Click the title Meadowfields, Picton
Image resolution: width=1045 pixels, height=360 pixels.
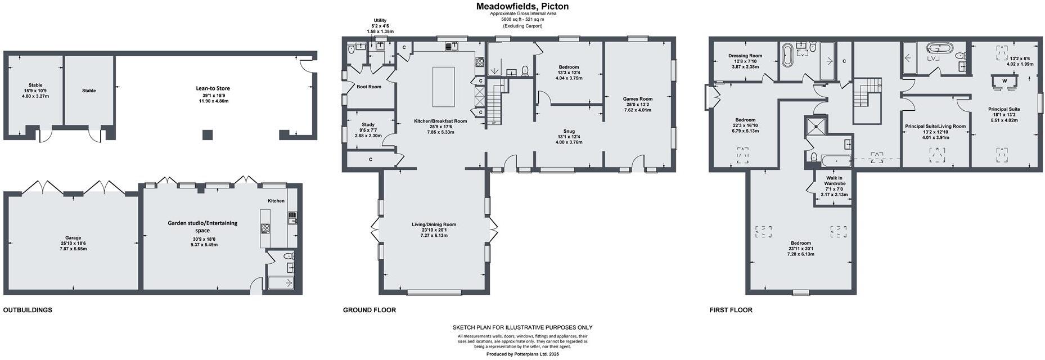coord(522,7)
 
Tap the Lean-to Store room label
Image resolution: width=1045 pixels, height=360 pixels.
coord(213,88)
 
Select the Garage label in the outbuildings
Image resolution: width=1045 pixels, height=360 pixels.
coord(73,238)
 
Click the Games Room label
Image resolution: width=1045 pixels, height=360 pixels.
coord(637,99)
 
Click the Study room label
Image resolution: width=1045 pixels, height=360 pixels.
coord(368,125)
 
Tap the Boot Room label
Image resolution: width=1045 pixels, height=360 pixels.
coord(369,87)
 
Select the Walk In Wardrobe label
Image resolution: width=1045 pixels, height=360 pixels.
coord(835,183)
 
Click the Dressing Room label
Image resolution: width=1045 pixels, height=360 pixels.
coord(745,56)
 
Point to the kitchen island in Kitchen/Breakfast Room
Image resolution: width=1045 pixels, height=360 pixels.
coord(443,86)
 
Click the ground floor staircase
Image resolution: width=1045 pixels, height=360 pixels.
coord(495,101)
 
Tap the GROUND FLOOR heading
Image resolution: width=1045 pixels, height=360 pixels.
coord(369,310)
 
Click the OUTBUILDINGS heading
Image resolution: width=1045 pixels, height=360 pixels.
coord(28,310)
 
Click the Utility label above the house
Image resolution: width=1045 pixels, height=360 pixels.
coord(380,20)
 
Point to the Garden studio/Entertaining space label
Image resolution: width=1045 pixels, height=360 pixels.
coord(202,226)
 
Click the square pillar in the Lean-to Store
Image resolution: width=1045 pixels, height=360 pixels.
coord(208,134)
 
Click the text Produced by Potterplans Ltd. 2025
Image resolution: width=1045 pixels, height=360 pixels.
coord(522,354)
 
